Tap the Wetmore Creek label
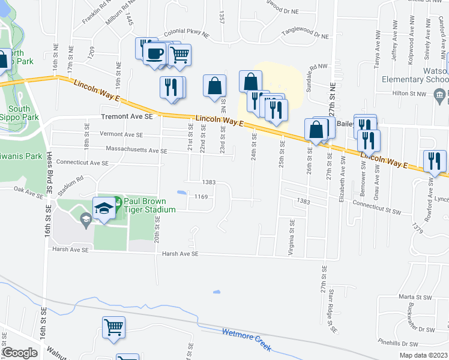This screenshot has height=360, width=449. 247,340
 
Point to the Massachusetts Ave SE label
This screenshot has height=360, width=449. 137,148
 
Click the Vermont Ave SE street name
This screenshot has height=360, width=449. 121,134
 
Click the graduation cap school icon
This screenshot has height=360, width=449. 104,209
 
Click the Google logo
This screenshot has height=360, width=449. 19,353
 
